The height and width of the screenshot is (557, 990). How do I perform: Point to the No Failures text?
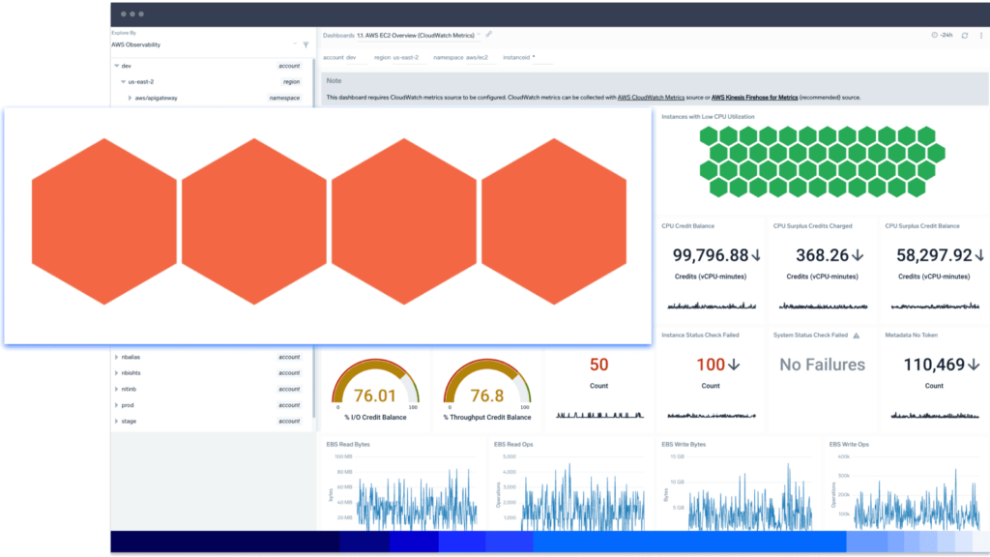822,365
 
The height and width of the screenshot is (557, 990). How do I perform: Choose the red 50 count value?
598,365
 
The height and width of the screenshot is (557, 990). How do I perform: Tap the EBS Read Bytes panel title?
349,444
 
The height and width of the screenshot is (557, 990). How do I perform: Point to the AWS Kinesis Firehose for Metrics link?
754,98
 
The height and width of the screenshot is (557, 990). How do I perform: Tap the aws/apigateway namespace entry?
156,98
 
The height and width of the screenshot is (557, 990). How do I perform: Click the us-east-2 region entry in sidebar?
141,81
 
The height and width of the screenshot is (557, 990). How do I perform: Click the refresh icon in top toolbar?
964,35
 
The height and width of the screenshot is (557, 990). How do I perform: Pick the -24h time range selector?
943,35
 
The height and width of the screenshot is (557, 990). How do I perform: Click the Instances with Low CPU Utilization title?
708,116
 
